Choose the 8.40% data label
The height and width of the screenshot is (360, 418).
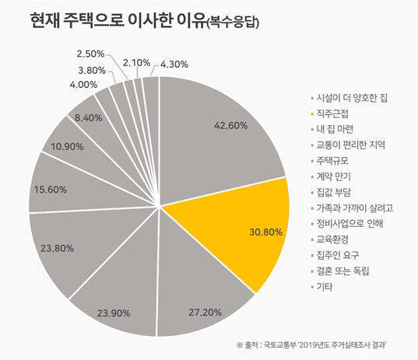point(86,117)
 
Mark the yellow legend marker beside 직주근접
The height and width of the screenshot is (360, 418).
point(308,114)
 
